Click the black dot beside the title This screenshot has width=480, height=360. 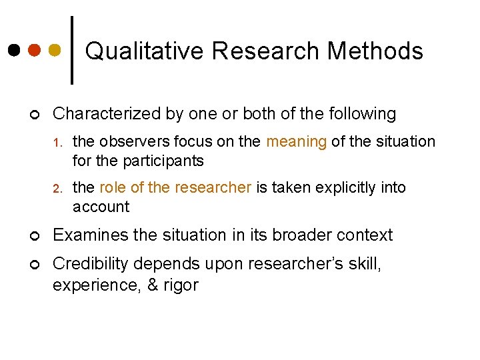[x=15, y=50]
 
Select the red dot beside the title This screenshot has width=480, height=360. [x=35, y=50]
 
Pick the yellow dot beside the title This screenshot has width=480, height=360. [x=55, y=50]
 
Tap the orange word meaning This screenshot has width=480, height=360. [x=297, y=141]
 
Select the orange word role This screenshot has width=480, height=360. [x=114, y=187]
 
